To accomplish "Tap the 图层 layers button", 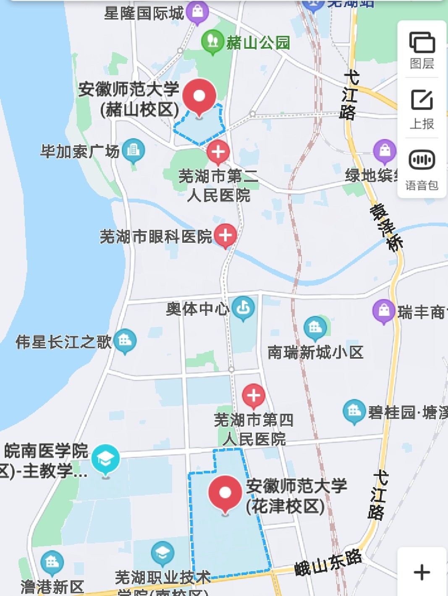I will click(x=422, y=50).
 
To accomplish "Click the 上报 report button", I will click(x=422, y=109).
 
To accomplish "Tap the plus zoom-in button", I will click(x=422, y=572).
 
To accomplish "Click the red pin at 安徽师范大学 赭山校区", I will click(x=199, y=96).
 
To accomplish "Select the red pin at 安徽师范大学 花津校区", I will click(x=225, y=493).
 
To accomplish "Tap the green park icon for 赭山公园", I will click(x=212, y=41).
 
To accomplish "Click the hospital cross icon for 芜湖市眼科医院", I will click(x=225, y=235).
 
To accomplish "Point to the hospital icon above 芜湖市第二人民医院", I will click(x=218, y=152).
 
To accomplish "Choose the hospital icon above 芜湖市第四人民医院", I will click(x=254, y=395).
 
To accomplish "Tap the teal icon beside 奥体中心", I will click(x=243, y=308).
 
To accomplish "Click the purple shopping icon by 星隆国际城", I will click(x=197, y=11).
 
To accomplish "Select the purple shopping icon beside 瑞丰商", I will click(x=384, y=311).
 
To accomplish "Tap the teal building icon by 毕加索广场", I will click(x=134, y=150).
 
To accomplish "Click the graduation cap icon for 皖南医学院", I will click(x=105, y=459).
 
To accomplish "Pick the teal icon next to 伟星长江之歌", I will click(x=125, y=340).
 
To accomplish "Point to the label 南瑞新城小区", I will click(x=315, y=352).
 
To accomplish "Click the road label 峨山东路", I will click(x=328, y=563).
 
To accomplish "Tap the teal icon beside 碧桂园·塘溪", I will click(x=354, y=411).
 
